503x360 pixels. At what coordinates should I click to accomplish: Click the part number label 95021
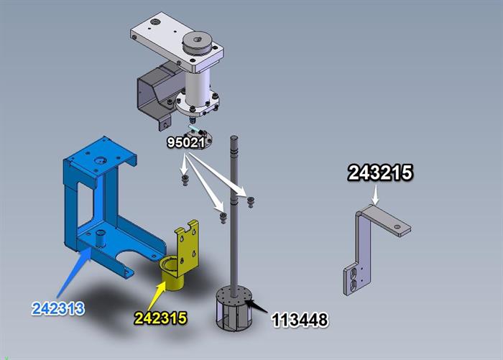point(185,142)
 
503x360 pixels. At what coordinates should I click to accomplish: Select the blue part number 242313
point(58,308)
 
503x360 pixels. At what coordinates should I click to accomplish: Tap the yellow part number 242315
point(160,318)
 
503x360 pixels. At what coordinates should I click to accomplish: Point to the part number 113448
point(300,320)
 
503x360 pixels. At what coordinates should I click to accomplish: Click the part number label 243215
point(380,172)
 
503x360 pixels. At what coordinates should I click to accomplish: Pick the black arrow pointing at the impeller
point(256,305)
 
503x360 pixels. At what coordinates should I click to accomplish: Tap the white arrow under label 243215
point(376,195)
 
